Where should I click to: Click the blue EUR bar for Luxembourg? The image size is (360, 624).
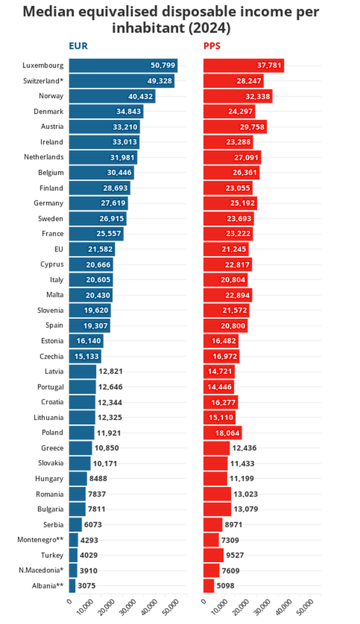(123, 66)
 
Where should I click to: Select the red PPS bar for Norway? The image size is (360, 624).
(238, 96)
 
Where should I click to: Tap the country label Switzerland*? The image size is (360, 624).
(43, 81)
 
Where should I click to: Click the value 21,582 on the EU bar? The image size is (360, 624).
(100, 249)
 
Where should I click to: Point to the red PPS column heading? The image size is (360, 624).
(212, 46)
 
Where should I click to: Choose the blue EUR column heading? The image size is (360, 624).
(78, 46)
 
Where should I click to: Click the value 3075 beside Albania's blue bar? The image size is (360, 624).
(86, 586)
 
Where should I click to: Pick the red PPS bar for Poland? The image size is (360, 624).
(222, 433)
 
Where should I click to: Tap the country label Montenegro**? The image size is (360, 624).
(40, 540)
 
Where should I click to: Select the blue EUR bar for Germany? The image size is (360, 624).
(98, 203)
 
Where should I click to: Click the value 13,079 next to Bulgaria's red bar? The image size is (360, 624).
(246, 509)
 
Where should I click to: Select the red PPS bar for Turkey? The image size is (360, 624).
(213, 555)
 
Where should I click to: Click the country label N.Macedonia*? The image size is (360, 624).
(41, 570)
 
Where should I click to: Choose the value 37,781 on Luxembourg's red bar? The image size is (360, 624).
(269, 65)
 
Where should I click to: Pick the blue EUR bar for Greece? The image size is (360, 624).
(80, 448)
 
